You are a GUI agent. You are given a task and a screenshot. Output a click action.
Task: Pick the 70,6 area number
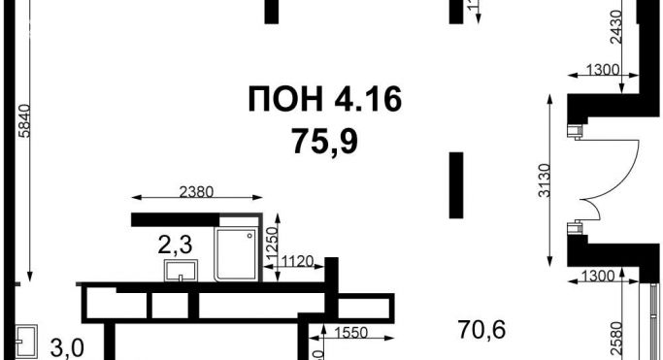point(482,329)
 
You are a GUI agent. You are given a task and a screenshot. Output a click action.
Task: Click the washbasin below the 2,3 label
point(180,269)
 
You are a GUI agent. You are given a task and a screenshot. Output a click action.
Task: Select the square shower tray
point(234,252)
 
